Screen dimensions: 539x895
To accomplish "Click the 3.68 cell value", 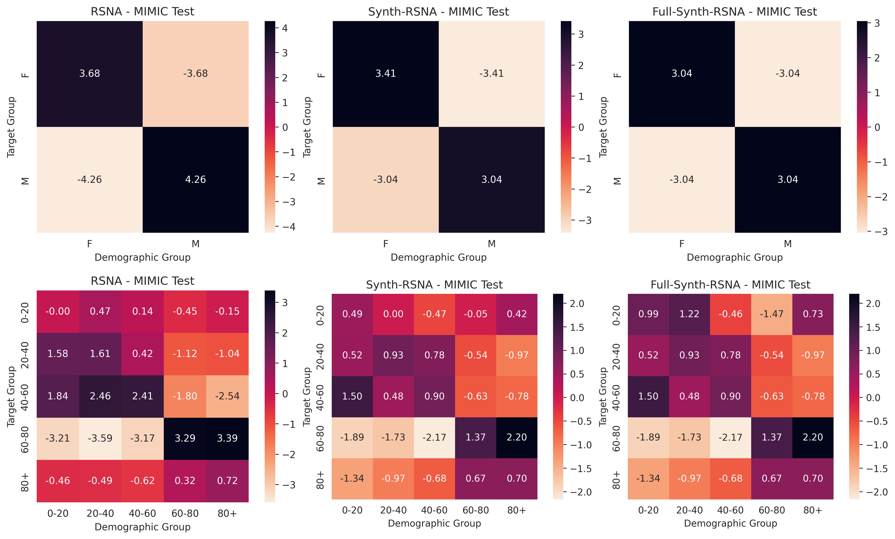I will [89, 74].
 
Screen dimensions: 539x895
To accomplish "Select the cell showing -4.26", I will [89, 180].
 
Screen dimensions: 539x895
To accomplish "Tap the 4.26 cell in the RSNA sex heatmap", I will [195, 180].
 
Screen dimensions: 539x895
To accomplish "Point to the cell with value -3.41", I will [491, 74].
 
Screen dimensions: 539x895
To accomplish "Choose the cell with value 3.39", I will [227, 438].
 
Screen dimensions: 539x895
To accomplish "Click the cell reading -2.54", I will [227, 396].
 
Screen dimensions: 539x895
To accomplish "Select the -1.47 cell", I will [772, 314].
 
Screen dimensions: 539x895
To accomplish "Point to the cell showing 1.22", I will [689, 314].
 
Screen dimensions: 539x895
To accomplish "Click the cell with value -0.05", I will [475, 314].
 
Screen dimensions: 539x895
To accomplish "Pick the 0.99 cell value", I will [648, 314].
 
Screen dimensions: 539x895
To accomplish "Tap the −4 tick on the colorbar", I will [288, 227].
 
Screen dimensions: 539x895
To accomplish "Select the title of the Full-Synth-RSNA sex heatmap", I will [734, 12].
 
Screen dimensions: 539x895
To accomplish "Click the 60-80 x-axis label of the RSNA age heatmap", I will [185, 513].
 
